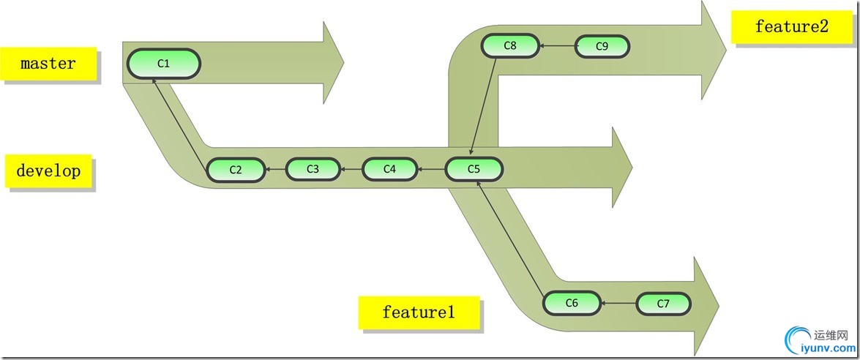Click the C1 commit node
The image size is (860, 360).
click(x=164, y=64)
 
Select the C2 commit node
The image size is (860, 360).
click(x=236, y=170)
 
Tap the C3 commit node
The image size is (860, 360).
click(x=313, y=169)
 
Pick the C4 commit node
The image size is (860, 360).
click(x=389, y=169)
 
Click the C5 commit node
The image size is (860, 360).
click(x=474, y=169)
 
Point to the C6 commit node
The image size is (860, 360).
click(x=572, y=302)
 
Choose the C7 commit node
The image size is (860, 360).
click(x=663, y=303)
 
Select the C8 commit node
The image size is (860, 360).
click(x=510, y=46)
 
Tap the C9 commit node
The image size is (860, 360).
click(x=602, y=46)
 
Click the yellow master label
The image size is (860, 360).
click(x=48, y=64)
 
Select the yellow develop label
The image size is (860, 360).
click(x=48, y=172)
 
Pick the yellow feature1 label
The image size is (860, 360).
click(x=419, y=312)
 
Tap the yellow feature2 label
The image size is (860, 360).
click(x=792, y=27)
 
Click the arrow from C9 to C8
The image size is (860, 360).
click(x=558, y=46)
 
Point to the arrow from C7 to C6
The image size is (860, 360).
click(x=618, y=303)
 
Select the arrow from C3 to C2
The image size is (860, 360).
click(x=275, y=170)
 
